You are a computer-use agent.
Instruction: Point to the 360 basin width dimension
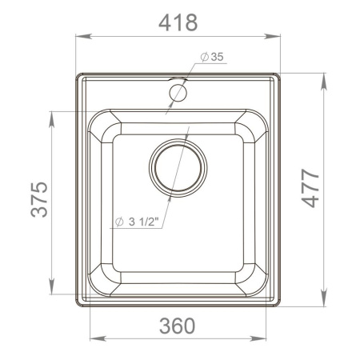click(177, 326)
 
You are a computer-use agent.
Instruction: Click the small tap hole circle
click(178, 93)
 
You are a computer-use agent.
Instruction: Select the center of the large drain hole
click(178, 170)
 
